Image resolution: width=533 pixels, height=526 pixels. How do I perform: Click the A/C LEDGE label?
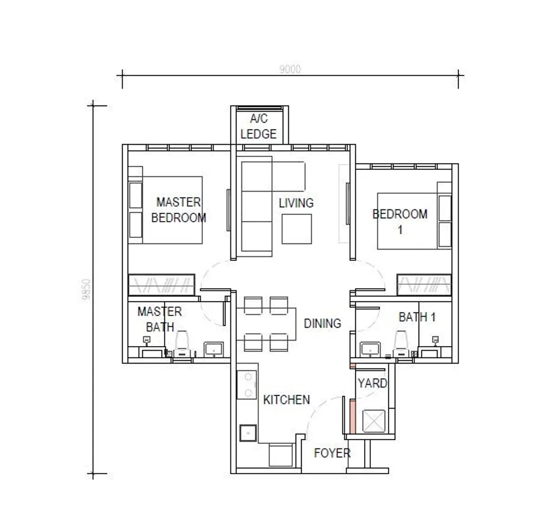click(259, 126)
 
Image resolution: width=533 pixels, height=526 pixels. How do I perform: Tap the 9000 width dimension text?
click(290, 69)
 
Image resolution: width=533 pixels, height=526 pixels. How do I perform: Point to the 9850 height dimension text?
click(86, 289)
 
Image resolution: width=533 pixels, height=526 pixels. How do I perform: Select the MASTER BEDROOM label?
click(178, 210)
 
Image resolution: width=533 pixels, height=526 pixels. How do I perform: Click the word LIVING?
click(296, 203)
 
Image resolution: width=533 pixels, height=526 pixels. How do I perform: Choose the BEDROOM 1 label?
click(400, 222)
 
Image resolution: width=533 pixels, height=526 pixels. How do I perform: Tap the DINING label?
click(322, 323)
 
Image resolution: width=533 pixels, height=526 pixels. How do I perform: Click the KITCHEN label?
click(287, 400)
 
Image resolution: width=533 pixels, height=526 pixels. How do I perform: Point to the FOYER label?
click(332, 453)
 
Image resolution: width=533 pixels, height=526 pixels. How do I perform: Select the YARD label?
click(372, 384)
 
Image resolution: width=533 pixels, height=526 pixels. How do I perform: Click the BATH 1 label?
click(417, 317)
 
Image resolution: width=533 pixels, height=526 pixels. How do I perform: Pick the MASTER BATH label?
click(160, 319)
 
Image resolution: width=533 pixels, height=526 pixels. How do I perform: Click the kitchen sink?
click(248, 433)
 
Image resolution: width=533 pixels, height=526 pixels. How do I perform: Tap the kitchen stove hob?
click(247, 385)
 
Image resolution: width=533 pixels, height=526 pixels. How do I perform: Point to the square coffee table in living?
click(297, 229)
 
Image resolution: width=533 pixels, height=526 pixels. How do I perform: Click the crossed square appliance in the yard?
click(374, 422)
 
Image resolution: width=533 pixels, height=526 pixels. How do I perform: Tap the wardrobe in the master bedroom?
click(162, 285)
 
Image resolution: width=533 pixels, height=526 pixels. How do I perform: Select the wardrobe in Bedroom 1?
click(424, 285)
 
